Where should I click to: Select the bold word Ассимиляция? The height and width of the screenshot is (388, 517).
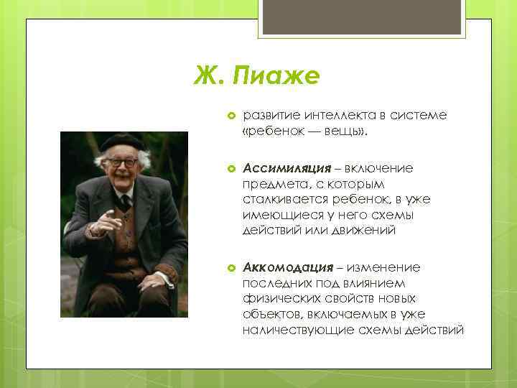(287, 167)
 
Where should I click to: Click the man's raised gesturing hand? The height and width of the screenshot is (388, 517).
(106, 221)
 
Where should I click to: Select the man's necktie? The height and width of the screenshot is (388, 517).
(125, 200)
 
